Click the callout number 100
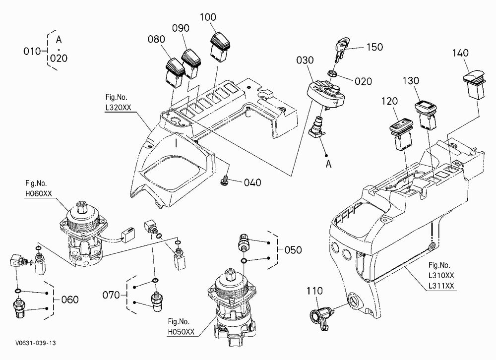click(x=208, y=17)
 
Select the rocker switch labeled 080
click(x=175, y=72)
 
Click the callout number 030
click(x=305, y=60)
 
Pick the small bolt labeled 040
click(x=224, y=180)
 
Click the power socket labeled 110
click(x=320, y=317)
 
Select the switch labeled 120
click(x=401, y=134)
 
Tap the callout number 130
click(x=411, y=81)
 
